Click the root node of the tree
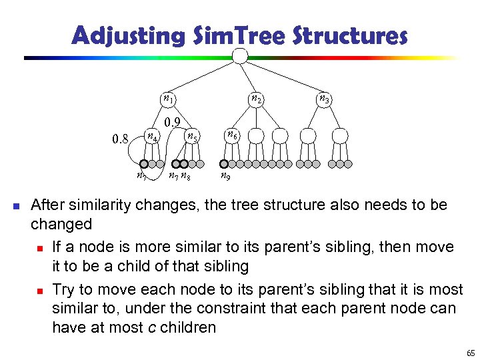240,55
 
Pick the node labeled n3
323,99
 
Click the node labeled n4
153,137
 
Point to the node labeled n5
191,137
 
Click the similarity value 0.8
121,139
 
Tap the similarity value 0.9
174,122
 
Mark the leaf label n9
226,177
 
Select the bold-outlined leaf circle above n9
224,163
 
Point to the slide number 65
471,353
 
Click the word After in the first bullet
49,204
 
